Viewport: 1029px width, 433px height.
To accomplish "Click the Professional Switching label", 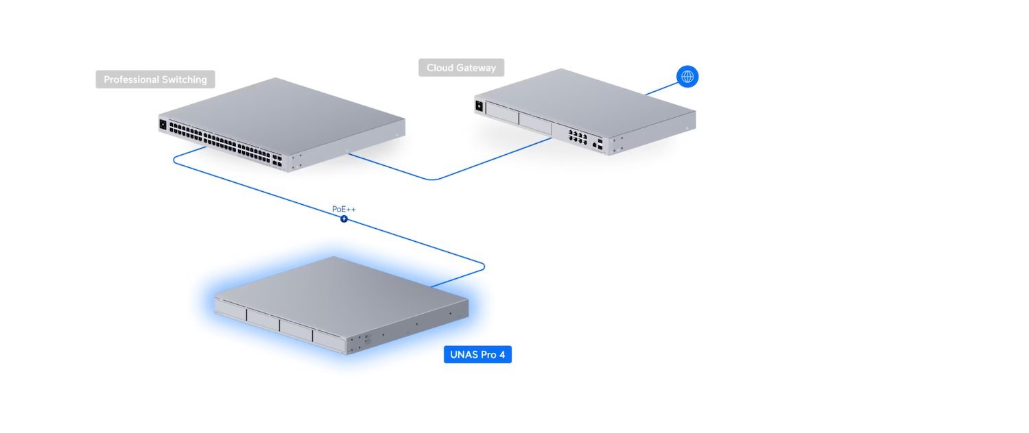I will [155, 79].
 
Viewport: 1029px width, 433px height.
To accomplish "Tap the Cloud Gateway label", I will [461, 67].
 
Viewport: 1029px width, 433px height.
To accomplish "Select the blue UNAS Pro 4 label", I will [477, 355].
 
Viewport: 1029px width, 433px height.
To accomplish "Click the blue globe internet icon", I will [687, 76].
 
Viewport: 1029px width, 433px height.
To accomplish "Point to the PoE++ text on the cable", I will [344, 209].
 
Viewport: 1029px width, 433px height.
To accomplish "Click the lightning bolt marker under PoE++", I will [344, 219].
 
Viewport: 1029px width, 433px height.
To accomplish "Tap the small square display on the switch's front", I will [163, 125].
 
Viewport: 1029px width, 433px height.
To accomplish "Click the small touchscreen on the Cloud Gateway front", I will [479, 106].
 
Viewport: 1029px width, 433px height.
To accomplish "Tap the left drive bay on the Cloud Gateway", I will [501, 112].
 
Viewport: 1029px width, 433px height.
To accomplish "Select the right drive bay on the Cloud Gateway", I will [535, 123].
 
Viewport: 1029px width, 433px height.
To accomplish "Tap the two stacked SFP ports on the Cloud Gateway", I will [600, 144].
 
